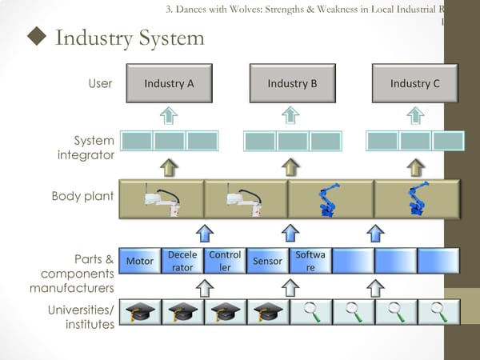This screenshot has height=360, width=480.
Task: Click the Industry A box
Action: pyautogui.click(x=169, y=84)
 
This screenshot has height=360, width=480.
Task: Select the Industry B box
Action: pyautogui.click(x=292, y=84)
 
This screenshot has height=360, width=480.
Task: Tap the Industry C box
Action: pyautogui.click(x=415, y=84)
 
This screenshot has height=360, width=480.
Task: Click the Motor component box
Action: pyautogui.click(x=140, y=261)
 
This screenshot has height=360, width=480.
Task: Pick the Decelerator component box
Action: pyautogui.click(x=182, y=261)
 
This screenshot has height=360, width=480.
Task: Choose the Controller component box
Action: pyautogui.click(x=225, y=261)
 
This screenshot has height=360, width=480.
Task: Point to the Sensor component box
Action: pyautogui.click(x=267, y=261)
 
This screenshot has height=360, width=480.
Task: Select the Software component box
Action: pyautogui.click(x=310, y=261)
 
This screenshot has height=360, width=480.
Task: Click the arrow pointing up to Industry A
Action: pyautogui.click(x=169, y=115)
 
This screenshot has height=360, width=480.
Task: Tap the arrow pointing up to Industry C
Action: pyautogui.click(x=415, y=115)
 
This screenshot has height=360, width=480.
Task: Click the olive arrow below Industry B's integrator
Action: pyautogui.click(x=292, y=166)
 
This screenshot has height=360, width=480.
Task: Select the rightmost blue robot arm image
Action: pyautogui.click(x=416, y=201)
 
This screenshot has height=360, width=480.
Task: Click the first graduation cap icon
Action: pyautogui.click(x=140, y=312)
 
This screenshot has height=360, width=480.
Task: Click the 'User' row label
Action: pyautogui.click(x=100, y=83)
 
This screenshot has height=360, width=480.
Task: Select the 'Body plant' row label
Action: pyautogui.click(x=82, y=196)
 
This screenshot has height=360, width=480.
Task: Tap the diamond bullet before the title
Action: pyautogui.click(x=34, y=38)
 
